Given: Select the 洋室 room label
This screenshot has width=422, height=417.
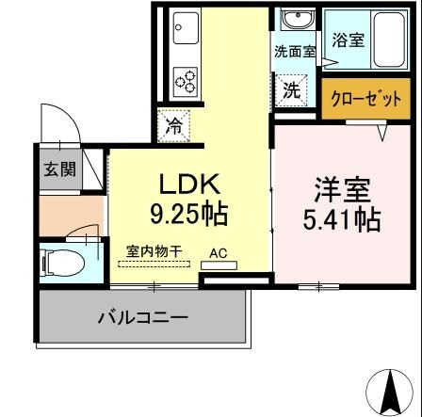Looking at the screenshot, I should click(x=341, y=189).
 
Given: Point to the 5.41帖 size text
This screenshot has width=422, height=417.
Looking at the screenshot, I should click(x=341, y=219).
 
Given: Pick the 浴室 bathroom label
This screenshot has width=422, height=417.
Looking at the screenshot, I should click(x=347, y=40).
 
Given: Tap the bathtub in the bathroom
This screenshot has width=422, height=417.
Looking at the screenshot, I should click(x=388, y=40).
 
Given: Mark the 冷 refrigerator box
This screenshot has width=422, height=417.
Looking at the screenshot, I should click(x=174, y=126).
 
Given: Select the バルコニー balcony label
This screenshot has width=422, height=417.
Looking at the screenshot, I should click(x=143, y=316).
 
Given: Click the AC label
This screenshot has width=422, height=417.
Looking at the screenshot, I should click(x=218, y=253).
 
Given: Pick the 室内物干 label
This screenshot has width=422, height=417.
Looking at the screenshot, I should click(x=154, y=252).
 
